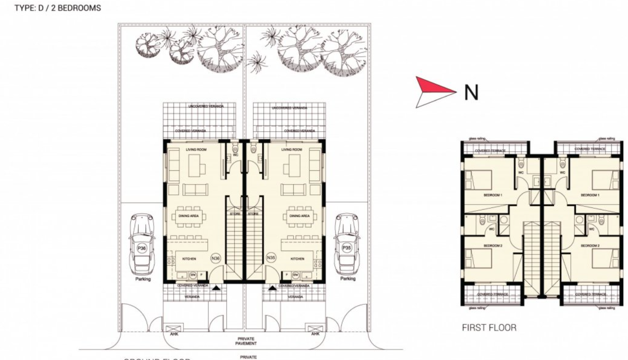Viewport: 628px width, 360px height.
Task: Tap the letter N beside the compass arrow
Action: coord(471,93)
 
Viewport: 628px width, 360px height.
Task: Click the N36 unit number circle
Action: coord(216,258)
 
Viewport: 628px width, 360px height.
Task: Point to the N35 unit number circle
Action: coord(271,258)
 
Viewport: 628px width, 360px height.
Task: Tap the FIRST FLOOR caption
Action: coord(489,328)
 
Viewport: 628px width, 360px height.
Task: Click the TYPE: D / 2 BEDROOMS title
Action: coord(58,9)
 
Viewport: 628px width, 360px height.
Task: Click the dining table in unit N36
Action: coord(189,216)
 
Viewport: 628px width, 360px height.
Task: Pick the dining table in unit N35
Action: coord(299,216)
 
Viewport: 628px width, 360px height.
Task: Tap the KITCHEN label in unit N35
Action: coord(298,259)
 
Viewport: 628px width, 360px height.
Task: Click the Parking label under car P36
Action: coord(143,279)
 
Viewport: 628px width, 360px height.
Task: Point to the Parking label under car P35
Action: coord(348,279)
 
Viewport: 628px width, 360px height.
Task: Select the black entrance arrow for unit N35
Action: coord(272,288)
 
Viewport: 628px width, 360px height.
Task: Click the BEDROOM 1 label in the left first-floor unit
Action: coord(493,195)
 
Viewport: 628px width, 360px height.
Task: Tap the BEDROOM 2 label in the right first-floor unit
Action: coord(589,245)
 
